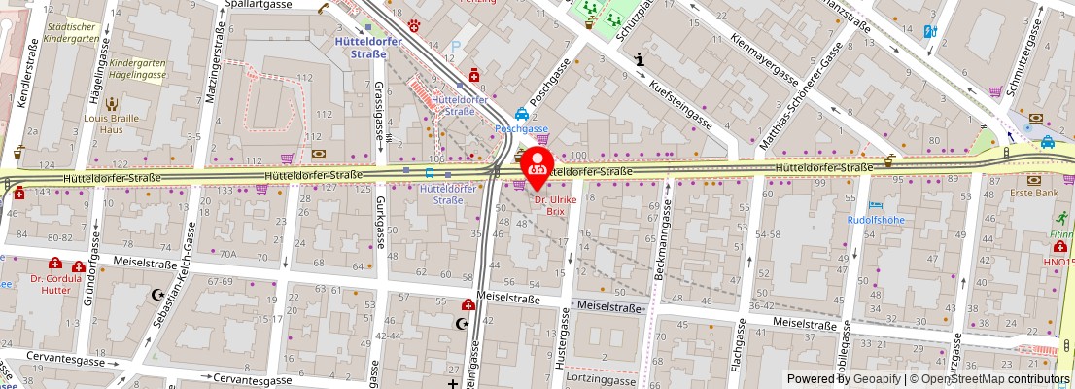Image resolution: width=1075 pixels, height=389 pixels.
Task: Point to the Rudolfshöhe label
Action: click(x=876, y=219)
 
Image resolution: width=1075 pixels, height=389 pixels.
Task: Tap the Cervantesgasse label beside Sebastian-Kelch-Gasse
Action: click(x=257, y=378)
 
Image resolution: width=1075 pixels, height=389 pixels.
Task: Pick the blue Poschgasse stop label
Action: click(x=522, y=127)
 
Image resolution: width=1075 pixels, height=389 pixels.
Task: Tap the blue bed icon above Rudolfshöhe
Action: click(x=876, y=205)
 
